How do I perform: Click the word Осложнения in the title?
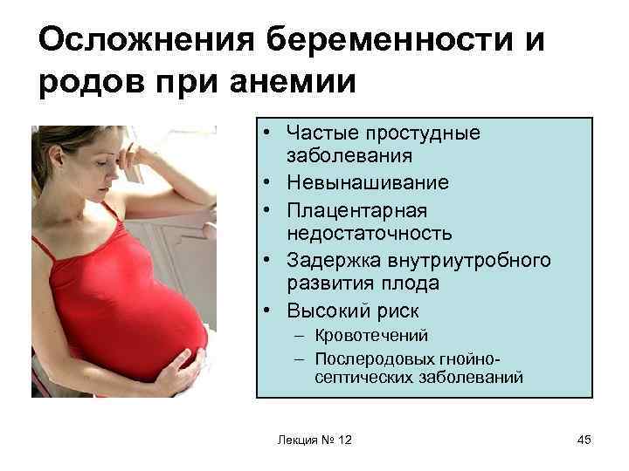coord(147,39)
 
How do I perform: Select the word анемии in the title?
coord(293,81)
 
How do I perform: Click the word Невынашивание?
coord(368,182)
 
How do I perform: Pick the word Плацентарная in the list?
coord(357,211)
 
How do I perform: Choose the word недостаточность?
coord(370,233)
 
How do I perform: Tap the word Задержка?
coord(334,261)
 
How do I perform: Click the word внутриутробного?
coord(469,261)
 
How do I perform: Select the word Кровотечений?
coord(371,336)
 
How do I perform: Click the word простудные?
coord(423,133)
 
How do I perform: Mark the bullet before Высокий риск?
coord(267,311)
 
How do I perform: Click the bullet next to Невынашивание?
coord(267,182)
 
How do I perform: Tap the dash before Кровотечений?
coord(300,336)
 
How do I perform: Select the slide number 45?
coord(584,440)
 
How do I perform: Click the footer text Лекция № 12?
coord(314,440)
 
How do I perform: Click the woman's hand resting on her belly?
coord(176,371)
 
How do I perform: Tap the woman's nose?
coord(114,172)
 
